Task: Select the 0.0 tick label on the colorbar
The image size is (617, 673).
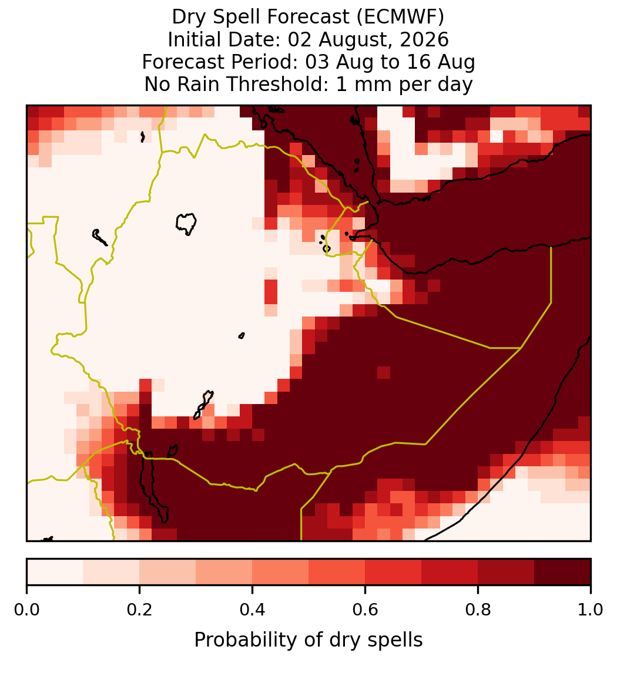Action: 26,610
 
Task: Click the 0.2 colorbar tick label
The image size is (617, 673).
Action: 139,610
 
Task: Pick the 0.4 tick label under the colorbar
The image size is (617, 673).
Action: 252,610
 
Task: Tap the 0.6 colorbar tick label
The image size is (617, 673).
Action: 365,610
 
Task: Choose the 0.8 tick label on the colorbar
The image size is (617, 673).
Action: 478,610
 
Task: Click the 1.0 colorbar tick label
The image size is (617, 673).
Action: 591,610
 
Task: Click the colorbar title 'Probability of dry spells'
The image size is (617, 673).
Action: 308,640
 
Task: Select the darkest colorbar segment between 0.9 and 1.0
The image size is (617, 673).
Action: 562,572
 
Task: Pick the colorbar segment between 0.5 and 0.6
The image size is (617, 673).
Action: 337,572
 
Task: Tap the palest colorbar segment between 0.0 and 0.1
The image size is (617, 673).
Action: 55,572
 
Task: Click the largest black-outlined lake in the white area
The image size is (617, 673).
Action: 186,224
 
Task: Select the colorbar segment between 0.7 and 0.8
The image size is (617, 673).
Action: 450,572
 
